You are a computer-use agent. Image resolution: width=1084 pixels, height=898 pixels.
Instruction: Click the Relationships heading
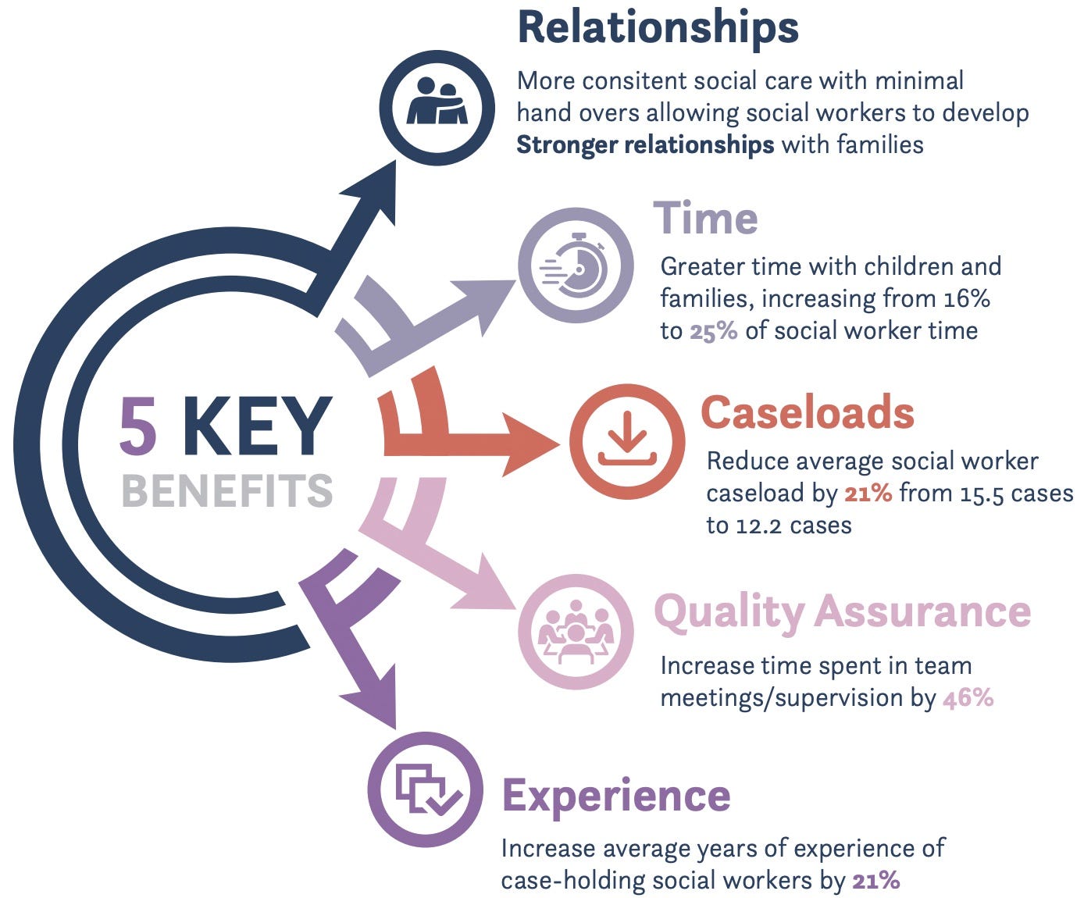pyautogui.click(x=658, y=28)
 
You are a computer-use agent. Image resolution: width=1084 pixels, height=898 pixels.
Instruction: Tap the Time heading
pyautogui.click(x=705, y=219)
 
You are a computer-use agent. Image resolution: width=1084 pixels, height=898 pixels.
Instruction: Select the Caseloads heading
pyautogui.click(x=808, y=412)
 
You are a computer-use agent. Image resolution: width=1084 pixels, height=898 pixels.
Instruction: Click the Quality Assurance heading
pyautogui.click(x=843, y=613)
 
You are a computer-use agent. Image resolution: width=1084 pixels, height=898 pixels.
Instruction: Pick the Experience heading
pyautogui.click(x=616, y=797)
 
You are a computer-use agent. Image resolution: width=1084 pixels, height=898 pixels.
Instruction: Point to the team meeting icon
pyautogui.click(x=576, y=632)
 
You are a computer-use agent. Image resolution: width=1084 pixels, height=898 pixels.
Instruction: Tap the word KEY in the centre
pyautogui.click(x=258, y=426)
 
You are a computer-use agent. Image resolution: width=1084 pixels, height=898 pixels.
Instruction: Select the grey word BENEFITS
pyautogui.click(x=226, y=490)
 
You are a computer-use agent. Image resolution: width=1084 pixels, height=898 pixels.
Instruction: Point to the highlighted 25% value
pyautogui.click(x=713, y=331)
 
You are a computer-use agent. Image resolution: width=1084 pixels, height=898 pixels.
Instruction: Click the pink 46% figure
pyautogui.click(x=968, y=698)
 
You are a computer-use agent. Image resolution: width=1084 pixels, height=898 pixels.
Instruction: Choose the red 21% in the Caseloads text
pyautogui.click(x=868, y=494)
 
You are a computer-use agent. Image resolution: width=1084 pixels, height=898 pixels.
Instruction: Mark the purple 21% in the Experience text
pyautogui.click(x=876, y=881)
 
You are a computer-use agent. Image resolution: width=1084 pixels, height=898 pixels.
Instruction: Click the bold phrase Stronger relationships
pyautogui.click(x=645, y=144)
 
